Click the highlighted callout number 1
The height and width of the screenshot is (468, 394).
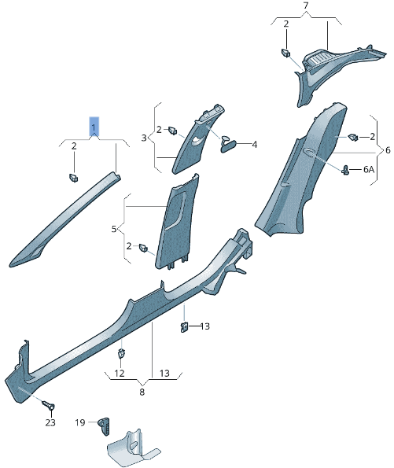click(94, 126)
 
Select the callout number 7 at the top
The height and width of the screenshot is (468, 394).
click(306, 6)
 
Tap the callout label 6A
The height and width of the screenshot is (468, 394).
click(369, 170)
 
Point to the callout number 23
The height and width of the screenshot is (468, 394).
click(50, 422)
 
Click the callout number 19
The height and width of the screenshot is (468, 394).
click(80, 422)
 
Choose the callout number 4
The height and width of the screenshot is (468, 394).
click(254, 145)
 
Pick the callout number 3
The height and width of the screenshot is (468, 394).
click(144, 138)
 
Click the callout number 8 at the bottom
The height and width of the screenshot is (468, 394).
click(142, 391)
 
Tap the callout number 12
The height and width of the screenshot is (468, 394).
click(120, 374)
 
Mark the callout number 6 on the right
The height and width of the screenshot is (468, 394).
click(386, 149)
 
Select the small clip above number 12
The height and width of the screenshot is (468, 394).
click(122, 353)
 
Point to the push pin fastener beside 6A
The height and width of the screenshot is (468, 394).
click(346, 169)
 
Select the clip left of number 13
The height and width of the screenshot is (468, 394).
click(184, 326)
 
